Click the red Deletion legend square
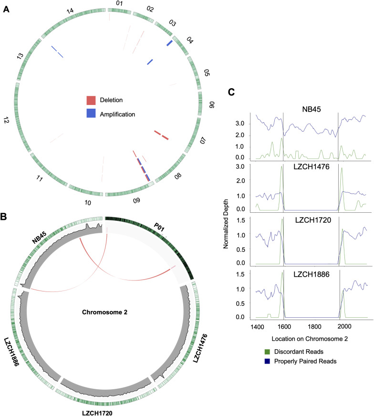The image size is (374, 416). point(91,100)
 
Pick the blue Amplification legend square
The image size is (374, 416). point(91,114)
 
